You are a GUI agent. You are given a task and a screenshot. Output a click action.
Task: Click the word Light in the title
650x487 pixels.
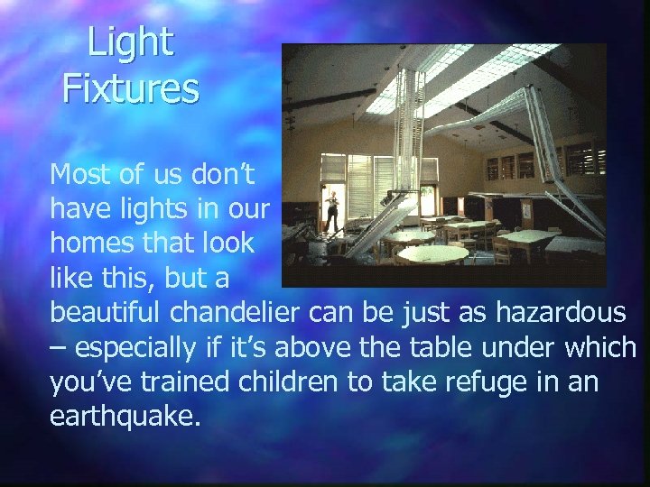130,43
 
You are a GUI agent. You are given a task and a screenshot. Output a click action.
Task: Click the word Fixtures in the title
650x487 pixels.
130,89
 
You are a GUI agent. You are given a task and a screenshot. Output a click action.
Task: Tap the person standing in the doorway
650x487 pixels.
333,209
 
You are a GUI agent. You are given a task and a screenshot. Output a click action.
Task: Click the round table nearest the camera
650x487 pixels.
432,254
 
